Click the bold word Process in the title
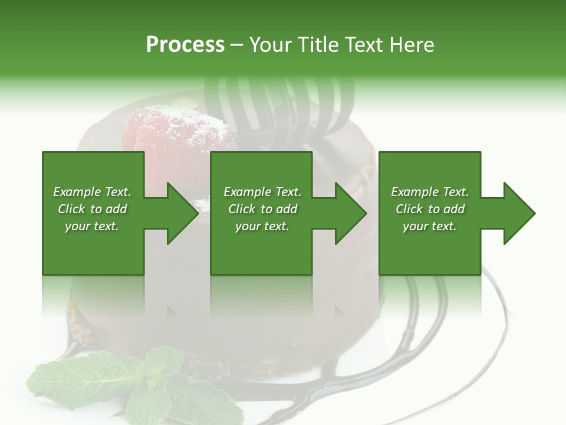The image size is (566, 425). tap(185, 45)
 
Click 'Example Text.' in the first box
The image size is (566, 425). tap(92, 192)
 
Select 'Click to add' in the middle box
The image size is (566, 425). tap(262, 209)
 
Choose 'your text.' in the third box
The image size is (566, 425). tap(430, 226)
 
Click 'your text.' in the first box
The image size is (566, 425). tap(92, 226)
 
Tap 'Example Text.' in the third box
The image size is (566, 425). tap(430, 192)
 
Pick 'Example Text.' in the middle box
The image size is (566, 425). tap(262, 192)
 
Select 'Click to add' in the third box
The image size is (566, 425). tap(430, 209)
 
